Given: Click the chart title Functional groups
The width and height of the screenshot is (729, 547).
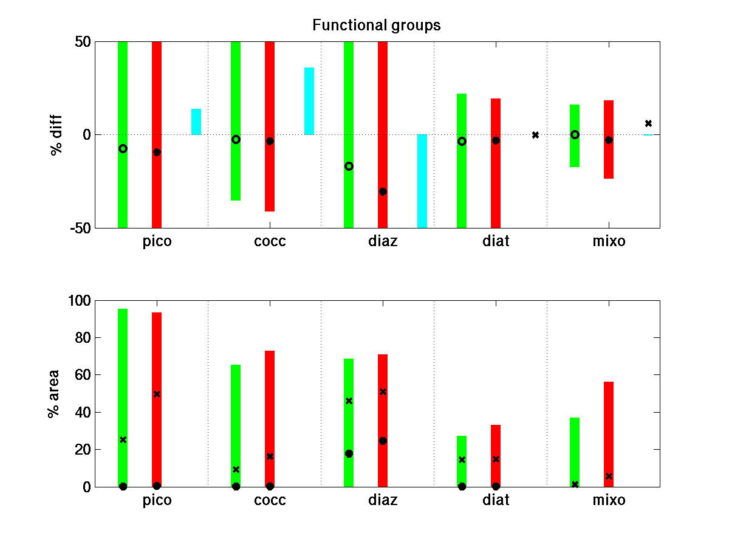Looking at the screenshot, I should tap(376, 26).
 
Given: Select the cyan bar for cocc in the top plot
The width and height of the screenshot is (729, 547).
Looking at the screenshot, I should tap(309, 101).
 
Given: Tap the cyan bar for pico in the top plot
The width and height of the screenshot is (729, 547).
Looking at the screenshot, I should tap(196, 122).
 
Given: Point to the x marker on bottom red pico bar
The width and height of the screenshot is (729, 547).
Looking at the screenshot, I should tap(157, 394).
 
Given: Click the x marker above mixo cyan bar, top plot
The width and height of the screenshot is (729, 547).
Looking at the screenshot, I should tap(648, 123).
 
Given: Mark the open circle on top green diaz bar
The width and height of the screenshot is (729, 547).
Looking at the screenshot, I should tap(349, 166).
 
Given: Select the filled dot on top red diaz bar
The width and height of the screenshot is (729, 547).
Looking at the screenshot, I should tap(383, 191).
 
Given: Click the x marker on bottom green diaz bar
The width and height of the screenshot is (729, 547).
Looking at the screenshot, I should tap(349, 401).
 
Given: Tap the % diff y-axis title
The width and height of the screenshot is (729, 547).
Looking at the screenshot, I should tap(56, 135).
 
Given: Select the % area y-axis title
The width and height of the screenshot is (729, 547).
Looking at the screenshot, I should tap(54, 393).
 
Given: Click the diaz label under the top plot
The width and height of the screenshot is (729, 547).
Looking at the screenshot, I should tap(383, 242).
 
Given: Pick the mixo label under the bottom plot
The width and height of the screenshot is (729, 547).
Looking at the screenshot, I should tap(609, 501).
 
